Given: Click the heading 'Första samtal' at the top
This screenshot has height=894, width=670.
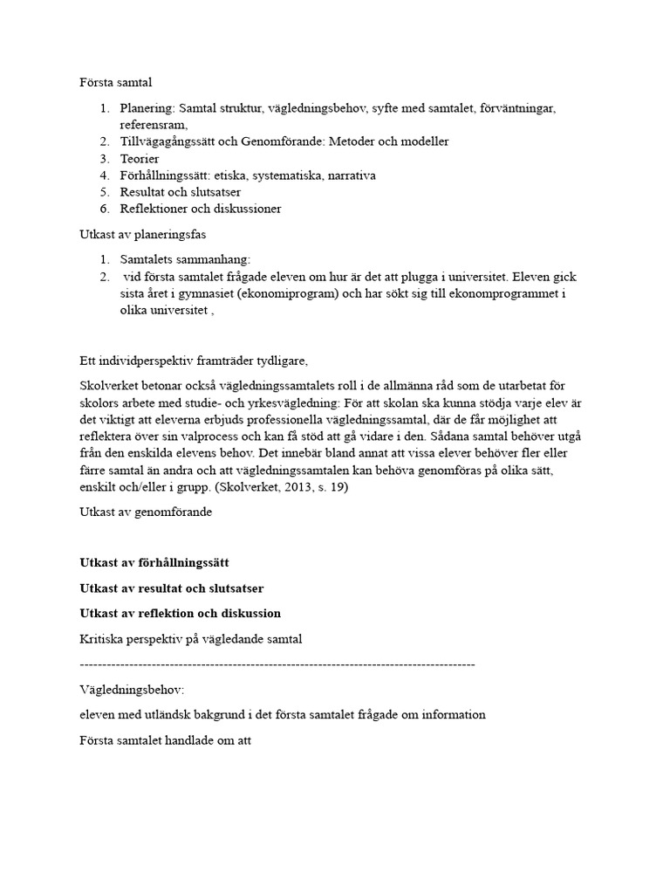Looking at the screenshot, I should pyautogui.click(x=116, y=83).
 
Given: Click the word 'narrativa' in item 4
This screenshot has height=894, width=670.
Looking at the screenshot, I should pyautogui.click(x=348, y=175).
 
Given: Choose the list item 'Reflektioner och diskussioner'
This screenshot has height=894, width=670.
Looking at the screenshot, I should pyautogui.click(x=201, y=209).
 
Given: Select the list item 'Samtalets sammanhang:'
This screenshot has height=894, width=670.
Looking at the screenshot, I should pyautogui.click(x=185, y=259).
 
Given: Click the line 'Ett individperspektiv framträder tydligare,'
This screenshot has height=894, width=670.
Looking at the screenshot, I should pyautogui.click(x=194, y=361).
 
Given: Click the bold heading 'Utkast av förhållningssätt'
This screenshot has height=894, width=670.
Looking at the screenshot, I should pyautogui.click(x=154, y=563).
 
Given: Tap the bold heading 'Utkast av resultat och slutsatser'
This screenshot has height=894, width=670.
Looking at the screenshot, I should pyautogui.click(x=172, y=588).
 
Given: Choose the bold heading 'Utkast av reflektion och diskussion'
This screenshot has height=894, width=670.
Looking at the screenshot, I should pyautogui.click(x=180, y=613).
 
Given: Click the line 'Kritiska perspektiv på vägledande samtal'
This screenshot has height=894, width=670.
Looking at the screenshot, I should pyautogui.click(x=191, y=639).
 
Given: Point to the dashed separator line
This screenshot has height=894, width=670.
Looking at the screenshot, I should pyautogui.click(x=277, y=664).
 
